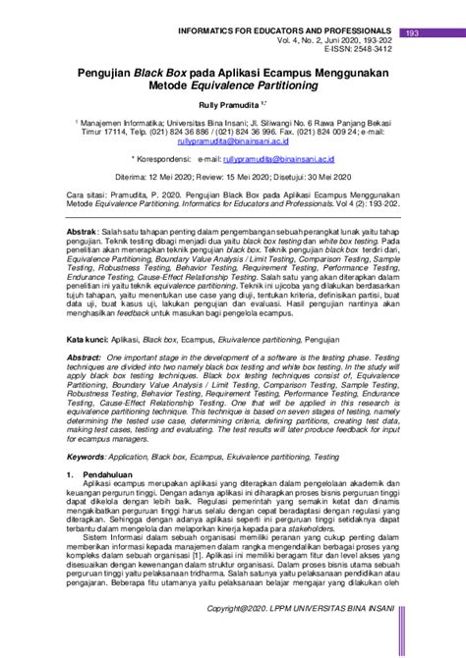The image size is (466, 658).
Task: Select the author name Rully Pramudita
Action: pyautogui.click(x=230, y=99)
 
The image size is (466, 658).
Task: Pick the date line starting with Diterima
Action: pyautogui.click(x=233, y=176)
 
